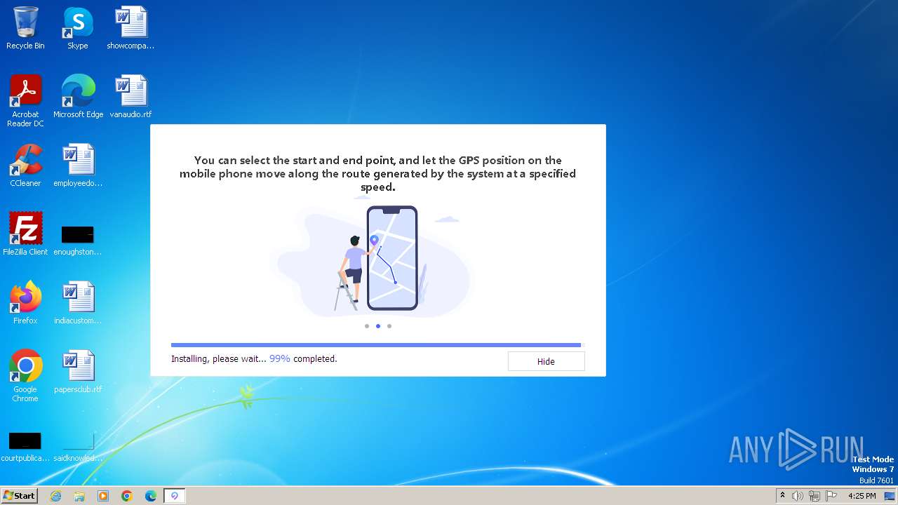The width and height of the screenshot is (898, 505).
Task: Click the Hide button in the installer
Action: click(546, 361)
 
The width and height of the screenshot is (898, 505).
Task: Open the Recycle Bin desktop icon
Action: click(25, 22)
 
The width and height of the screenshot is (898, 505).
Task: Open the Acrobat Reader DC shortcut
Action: click(25, 91)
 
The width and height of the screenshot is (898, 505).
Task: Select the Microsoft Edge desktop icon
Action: click(78, 91)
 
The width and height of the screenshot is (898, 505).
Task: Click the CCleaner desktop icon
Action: click(25, 160)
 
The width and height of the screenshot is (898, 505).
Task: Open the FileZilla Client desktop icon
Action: click(25, 229)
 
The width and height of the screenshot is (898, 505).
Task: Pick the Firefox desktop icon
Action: click(25, 297)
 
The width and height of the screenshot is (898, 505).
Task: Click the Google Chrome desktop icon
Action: click(25, 366)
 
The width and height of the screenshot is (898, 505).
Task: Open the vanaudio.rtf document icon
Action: click(130, 91)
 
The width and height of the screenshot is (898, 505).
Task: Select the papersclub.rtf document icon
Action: click(78, 366)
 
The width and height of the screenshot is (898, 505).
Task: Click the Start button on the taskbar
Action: click(19, 496)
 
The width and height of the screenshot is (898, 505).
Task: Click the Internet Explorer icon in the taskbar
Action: click(55, 496)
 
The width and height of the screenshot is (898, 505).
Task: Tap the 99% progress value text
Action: click(279, 358)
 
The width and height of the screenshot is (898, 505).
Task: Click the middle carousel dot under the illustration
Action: click(378, 326)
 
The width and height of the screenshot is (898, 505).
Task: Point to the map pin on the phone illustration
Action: click(374, 241)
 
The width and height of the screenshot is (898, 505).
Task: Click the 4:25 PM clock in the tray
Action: click(862, 496)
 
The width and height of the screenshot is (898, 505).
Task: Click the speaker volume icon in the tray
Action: click(798, 496)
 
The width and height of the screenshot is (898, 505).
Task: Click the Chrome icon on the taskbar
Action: click(127, 496)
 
